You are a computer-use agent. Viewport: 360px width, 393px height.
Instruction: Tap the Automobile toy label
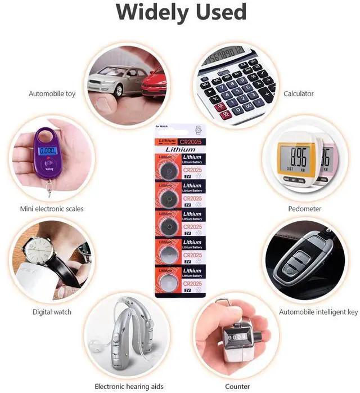(x=52, y=93)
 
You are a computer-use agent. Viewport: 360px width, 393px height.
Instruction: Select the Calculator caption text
(x=299, y=93)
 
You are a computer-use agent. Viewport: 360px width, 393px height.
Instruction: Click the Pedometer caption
(x=304, y=209)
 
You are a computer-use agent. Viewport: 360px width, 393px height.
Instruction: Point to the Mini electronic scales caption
(x=52, y=209)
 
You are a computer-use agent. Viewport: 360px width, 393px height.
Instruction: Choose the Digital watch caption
(x=52, y=312)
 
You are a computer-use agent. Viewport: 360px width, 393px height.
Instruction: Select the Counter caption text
(x=237, y=386)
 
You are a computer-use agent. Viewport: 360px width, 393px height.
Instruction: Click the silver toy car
(x=119, y=81)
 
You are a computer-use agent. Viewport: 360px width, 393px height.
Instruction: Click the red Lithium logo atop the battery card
(x=168, y=140)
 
